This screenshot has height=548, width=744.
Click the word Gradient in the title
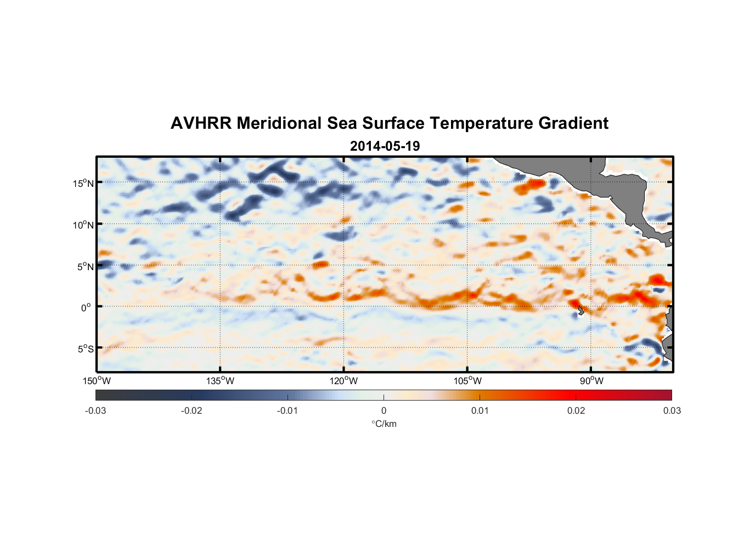pos(573,123)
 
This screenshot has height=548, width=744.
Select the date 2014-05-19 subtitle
pos(385,146)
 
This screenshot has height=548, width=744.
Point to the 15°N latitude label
pos(83,183)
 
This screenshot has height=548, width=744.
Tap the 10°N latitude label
pos(83,225)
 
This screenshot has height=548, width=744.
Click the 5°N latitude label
pos(85,266)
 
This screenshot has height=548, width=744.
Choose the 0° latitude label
pos(86,308)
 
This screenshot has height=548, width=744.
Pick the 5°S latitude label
pos(85,349)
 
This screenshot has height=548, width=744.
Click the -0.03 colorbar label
pos(95,411)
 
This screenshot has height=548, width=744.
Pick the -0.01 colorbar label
pos(288,411)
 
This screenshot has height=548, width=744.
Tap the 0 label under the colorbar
pos(384,411)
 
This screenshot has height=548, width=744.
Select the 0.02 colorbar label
pos(576,411)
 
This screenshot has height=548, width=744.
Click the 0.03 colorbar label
pos(672,411)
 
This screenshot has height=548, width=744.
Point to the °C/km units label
pos(384,424)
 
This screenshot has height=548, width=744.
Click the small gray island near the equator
pos(580,310)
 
